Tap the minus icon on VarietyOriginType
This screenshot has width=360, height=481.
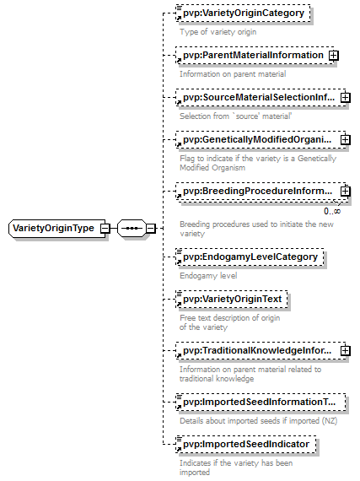(105, 228)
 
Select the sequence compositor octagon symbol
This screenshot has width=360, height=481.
(132, 228)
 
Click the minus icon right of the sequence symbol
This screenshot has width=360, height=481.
(150, 228)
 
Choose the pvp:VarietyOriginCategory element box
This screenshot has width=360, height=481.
(243, 14)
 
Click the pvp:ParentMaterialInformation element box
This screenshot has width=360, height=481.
(255, 55)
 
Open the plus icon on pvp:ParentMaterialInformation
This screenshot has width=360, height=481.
(333, 56)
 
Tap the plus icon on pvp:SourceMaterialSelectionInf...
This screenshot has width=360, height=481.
(346, 98)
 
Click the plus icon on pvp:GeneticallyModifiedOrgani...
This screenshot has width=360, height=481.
(346, 140)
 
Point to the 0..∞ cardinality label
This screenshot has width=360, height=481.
(332, 211)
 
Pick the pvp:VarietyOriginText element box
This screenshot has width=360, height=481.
(232, 299)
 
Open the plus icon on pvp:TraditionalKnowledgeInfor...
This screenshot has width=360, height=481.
(346, 351)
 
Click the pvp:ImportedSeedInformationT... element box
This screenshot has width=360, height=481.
(261, 403)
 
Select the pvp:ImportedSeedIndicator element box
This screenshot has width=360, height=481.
(246, 444)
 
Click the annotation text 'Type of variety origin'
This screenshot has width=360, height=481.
(218, 32)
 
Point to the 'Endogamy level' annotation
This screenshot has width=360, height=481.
(208, 276)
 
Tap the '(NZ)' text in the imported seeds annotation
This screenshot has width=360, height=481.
(330, 421)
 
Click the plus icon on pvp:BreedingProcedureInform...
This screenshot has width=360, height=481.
(346, 192)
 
